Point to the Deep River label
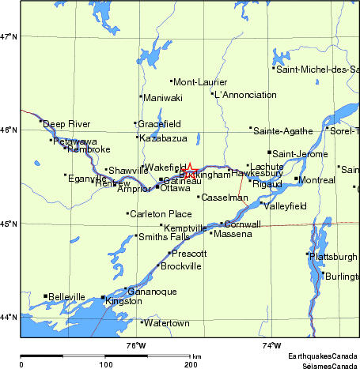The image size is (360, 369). pyautogui.click(x=66, y=124)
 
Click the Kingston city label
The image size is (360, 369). pyautogui.click(x=123, y=302)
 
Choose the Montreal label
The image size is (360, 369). pyautogui.click(x=317, y=180)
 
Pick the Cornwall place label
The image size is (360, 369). pyautogui.click(x=244, y=224)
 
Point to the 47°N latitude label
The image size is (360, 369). pyautogui.click(x=9, y=36)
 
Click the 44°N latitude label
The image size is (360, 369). pyautogui.click(x=9, y=318)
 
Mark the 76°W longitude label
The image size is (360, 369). pyautogui.click(x=137, y=345)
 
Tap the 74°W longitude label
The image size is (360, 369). pyautogui.click(x=271, y=345)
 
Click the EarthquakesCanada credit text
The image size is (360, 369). pyautogui.click(x=323, y=356)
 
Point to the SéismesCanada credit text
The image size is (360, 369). pyautogui.click(x=325, y=365)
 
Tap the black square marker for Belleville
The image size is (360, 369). pyautogui.click(x=45, y=296)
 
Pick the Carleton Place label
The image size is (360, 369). pyautogui.click(x=161, y=214)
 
